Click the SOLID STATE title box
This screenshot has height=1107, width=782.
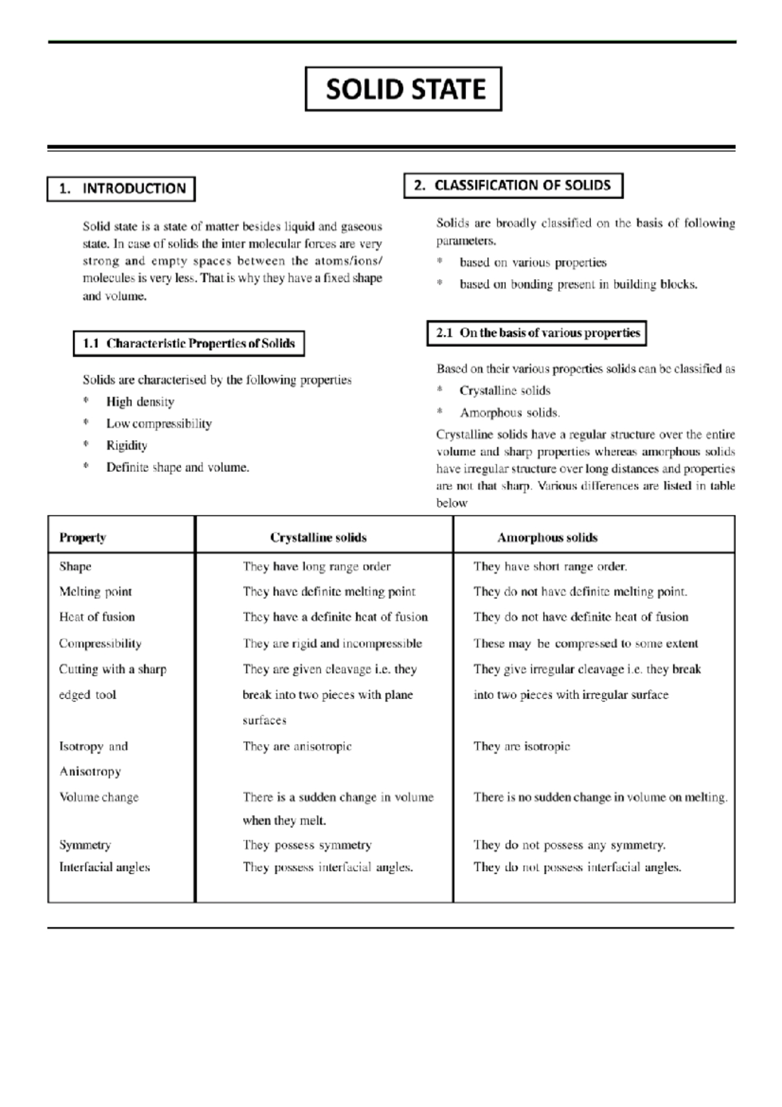pos(403,89)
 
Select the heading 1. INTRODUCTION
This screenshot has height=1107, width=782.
pos(121,189)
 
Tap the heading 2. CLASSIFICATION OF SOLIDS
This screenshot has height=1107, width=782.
pos(513,185)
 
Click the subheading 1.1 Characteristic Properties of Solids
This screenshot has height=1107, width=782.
pos(189,344)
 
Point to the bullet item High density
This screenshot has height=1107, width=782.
pos(140,402)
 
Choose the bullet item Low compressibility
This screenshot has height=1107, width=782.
pos(159,424)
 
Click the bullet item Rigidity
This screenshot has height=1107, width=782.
pos(126,446)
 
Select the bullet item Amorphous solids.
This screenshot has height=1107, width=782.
pos(510,413)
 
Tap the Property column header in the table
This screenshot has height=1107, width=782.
pos(82,538)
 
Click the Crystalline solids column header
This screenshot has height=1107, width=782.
pos(318,538)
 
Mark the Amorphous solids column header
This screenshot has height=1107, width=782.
pos(547,538)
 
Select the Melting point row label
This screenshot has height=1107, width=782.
pos(95,592)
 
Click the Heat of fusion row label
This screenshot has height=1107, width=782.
pos(96,617)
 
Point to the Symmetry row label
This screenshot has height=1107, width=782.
pos(85,845)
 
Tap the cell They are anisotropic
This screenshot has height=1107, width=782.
pos(297,746)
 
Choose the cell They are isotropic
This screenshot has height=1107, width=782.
pos(521,746)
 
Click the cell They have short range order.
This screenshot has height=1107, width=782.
pos(550,567)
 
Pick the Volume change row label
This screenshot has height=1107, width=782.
pos(98,797)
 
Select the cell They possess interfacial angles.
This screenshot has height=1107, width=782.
pos(327,868)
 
